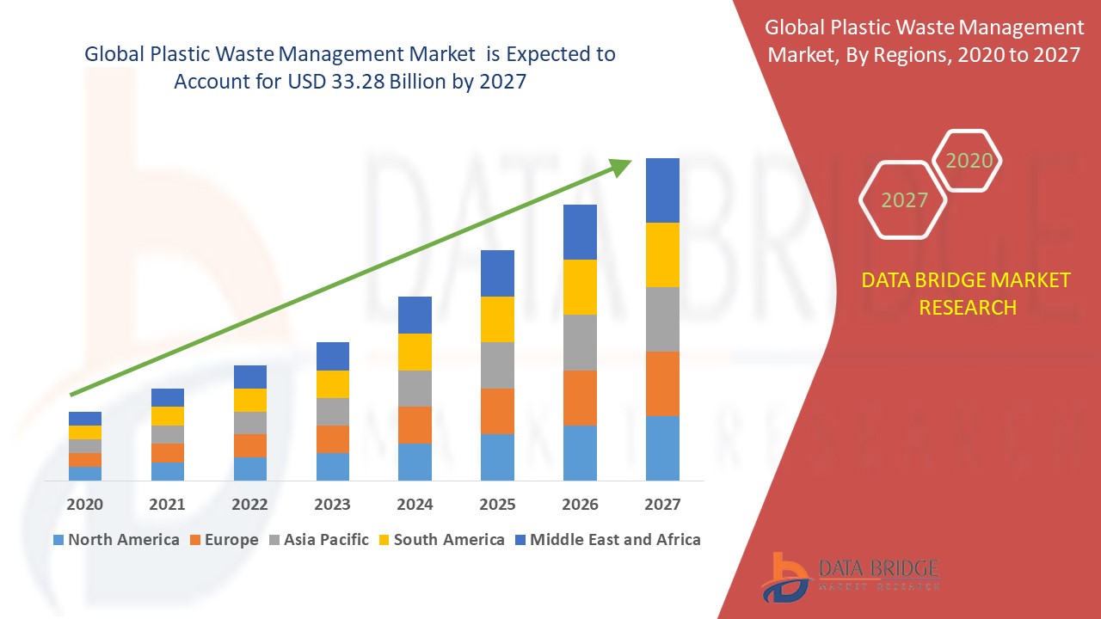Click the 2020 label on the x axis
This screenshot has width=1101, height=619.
[x=84, y=504]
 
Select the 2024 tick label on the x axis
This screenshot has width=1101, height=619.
[x=415, y=504]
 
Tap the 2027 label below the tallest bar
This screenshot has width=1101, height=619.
[x=662, y=504]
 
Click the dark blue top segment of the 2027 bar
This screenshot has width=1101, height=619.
[x=662, y=190]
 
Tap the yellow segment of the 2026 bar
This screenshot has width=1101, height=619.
[x=580, y=286]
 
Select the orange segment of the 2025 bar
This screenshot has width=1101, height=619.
[x=497, y=411]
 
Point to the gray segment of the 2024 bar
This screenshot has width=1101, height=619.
[x=415, y=388]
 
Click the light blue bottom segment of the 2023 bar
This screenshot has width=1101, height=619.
[x=332, y=466]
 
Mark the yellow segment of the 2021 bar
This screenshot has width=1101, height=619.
[x=167, y=415]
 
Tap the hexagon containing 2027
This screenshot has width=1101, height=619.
[x=903, y=199]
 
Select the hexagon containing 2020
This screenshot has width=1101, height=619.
[x=968, y=160]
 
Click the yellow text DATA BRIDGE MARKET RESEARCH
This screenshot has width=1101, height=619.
[x=967, y=293]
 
